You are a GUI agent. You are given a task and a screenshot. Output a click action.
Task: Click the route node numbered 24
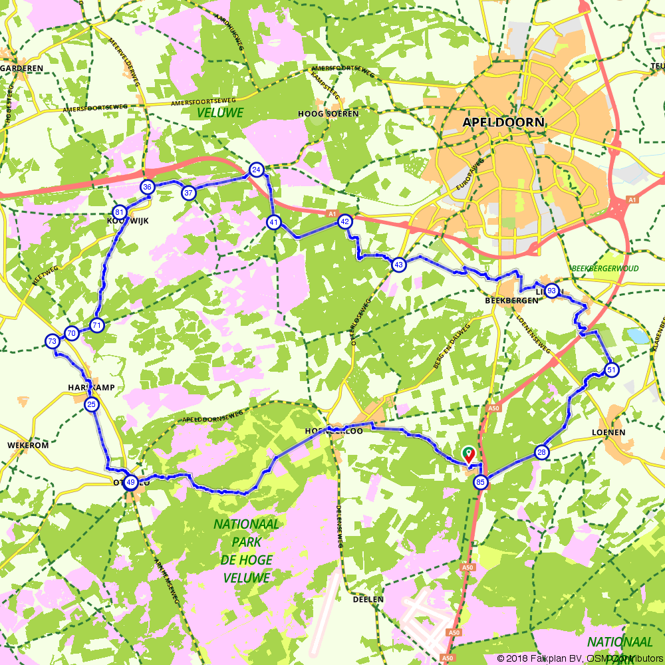pyautogui.click(x=255, y=170)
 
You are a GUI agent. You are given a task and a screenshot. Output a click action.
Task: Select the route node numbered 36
pyautogui.click(x=148, y=187)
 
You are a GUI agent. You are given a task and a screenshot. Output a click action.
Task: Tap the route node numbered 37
pyautogui.click(x=189, y=193)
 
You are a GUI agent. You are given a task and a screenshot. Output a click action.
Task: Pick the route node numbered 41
pyautogui.click(x=274, y=222)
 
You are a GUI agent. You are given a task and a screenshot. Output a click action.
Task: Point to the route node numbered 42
pyautogui.click(x=344, y=221)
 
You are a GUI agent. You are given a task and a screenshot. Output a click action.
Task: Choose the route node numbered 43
pyautogui.click(x=398, y=265)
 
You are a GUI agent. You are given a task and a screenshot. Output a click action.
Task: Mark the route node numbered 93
pyautogui.click(x=551, y=291)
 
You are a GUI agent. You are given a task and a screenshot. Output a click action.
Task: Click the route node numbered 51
pyautogui.click(x=612, y=370)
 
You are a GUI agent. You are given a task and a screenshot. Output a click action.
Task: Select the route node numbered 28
pyautogui.click(x=541, y=453)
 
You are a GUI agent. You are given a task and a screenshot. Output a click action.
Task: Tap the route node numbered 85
pyautogui.click(x=481, y=483)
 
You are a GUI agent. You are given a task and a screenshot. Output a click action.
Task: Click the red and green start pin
pyautogui.click(x=468, y=455)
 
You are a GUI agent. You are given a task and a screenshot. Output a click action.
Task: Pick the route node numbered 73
pyautogui.click(x=52, y=342)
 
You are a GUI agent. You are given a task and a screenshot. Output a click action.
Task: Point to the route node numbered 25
pyautogui.click(x=92, y=404)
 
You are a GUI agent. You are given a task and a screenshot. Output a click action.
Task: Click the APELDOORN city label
pyautogui.click(x=503, y=122)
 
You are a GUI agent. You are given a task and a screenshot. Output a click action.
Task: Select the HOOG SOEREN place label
pyautogui.click(x=328, y=114)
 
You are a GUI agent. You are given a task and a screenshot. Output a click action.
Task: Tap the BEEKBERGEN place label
pyautogui.click(x=511, y=301)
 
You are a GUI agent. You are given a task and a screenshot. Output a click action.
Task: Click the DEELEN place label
pyautogui.click(x=368, y=599)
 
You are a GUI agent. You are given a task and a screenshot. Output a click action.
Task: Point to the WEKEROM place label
pyautogui.click(x=28, y=445)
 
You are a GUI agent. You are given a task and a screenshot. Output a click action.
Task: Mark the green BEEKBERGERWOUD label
pyautogui.click(x=604, y=269)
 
